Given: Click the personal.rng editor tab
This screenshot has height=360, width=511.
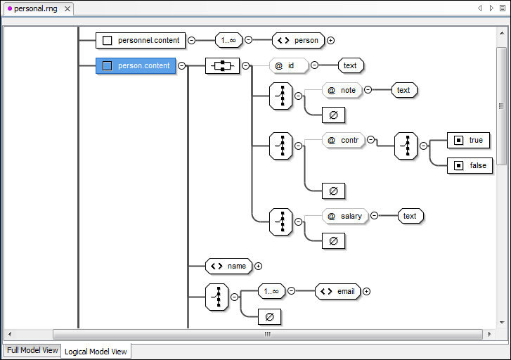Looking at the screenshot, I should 35,8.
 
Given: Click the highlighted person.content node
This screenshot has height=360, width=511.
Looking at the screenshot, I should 136,66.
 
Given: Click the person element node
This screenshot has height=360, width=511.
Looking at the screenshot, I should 298,40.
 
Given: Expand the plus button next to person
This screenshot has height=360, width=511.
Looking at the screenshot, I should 330,41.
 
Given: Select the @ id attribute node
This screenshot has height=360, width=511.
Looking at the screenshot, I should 288,65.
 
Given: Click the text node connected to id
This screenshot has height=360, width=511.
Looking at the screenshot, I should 350,65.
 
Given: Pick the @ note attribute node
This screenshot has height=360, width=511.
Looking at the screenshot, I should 342,90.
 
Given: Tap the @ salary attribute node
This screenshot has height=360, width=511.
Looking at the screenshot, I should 345,216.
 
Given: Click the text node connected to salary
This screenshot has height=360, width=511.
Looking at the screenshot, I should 410,216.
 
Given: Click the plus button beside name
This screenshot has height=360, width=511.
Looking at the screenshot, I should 258,266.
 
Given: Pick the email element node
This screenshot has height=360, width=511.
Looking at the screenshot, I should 337,291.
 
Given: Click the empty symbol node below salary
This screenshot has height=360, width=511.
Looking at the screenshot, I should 333,241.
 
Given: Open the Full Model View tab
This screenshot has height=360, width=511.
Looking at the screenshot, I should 32,350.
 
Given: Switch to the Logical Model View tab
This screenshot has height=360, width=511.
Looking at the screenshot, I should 96,351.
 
